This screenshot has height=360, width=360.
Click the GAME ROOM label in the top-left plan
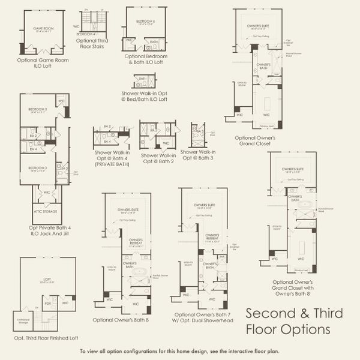(x=44, y=27)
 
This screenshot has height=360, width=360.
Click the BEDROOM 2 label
(x=37, y=110)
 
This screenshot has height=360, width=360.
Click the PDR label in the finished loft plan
(x=48, y=303)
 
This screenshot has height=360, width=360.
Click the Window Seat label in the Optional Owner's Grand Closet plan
(x=264, y=126)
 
